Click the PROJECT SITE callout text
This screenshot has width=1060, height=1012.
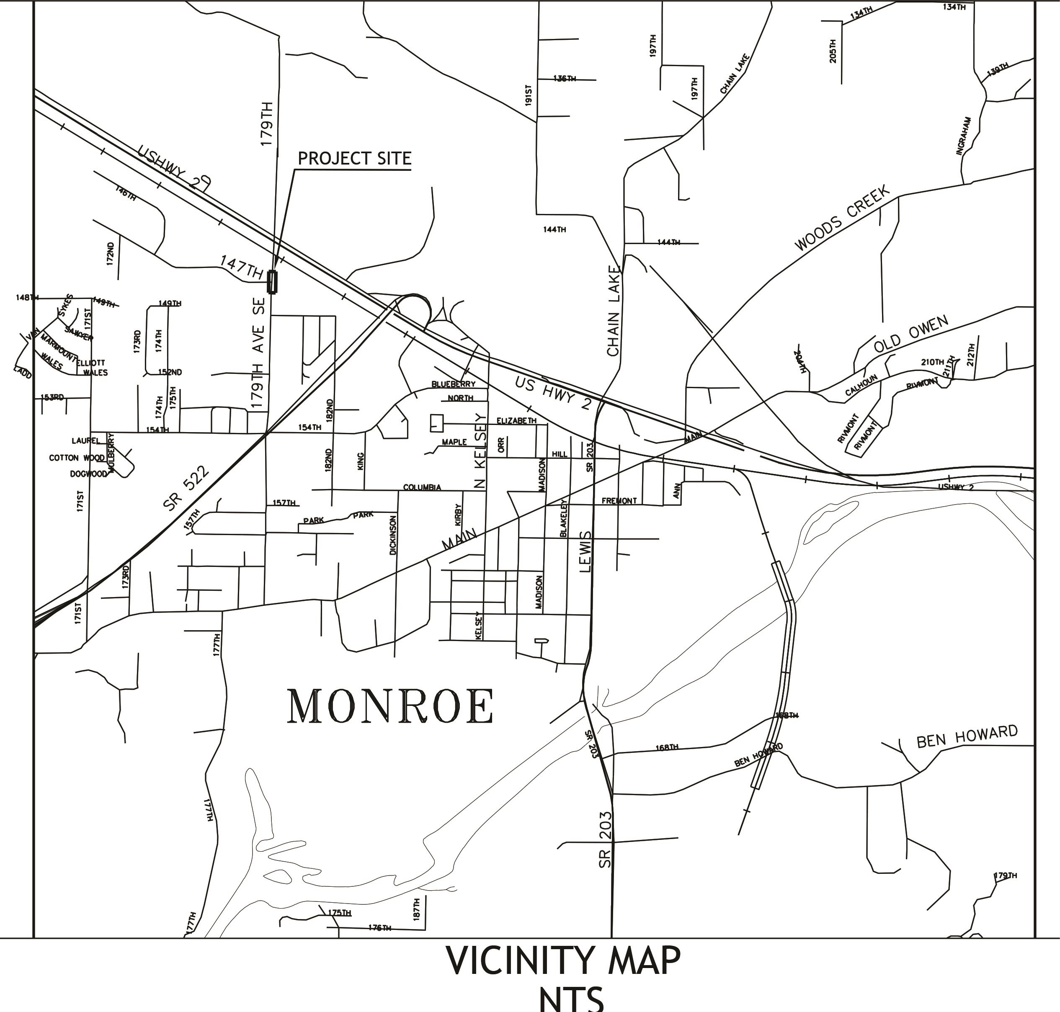pyautogui.click(x=354, y=159)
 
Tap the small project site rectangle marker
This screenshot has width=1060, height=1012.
pyautogui.click(x=272, y=282)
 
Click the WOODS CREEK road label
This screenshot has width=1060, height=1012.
pyautogui.click(x=841, y=218)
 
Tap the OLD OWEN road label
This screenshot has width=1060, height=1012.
pyautogui.click(x=910, y=334)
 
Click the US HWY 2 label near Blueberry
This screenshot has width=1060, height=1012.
pyautogui.click(x=553, y=393)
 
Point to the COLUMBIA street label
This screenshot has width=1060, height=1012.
pyautogui.click(x=422, y=487)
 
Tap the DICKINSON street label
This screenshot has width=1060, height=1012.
pyautogui.click(x=393, y=535)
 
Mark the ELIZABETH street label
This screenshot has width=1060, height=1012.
pyautogui.click(x=516, y=420)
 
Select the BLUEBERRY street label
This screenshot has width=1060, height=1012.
pyautogui.click(x=453, y=384)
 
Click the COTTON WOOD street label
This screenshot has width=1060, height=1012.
pyautogui.click(x=77, y=458)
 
